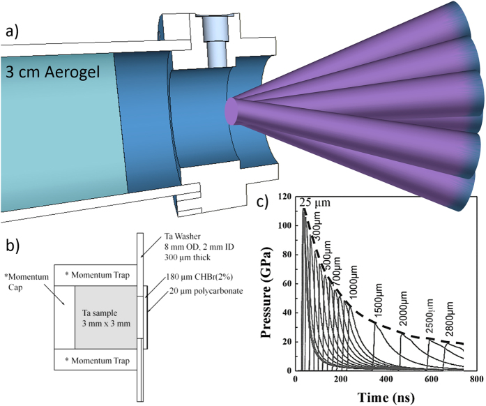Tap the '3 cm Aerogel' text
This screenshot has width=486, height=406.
click(x=52, y=73)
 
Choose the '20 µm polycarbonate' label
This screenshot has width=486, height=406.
click(x=206, y=291)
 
